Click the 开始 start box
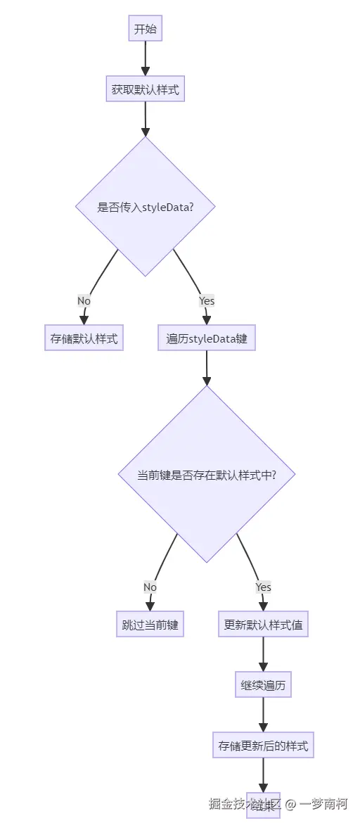[146, 30]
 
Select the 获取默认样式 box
[146, 89]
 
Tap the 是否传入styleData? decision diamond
[146, 207]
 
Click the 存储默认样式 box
[84, 338]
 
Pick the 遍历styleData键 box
[206, 338]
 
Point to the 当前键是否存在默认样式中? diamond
[206, 474]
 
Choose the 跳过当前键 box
[150, 625]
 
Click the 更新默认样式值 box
[263, 625]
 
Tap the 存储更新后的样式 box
[263, 746]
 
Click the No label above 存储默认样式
[84, 300]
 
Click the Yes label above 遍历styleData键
[206, 300]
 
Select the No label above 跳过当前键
[150, 587]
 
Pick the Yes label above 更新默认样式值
[263, 587]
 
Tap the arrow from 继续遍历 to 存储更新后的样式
[263, 716]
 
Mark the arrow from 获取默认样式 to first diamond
[146, 119]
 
